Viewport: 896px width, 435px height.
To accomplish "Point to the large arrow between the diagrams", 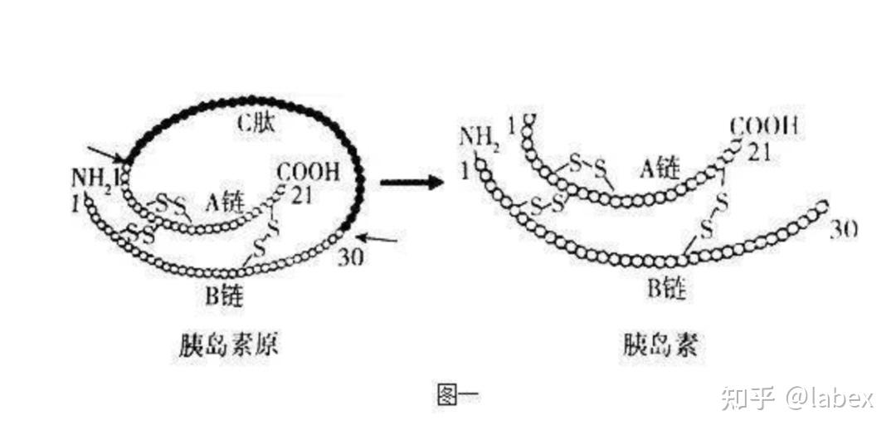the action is coord(411,180).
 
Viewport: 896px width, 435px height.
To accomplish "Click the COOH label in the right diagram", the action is coord(764,127).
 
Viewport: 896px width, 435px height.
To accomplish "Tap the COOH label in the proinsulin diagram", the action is coord(307,173).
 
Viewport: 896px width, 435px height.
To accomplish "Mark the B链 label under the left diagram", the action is coord(224,295).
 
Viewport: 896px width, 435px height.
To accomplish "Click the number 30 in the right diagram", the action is coord(843,229).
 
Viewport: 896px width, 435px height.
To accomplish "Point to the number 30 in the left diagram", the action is coord(351,257).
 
